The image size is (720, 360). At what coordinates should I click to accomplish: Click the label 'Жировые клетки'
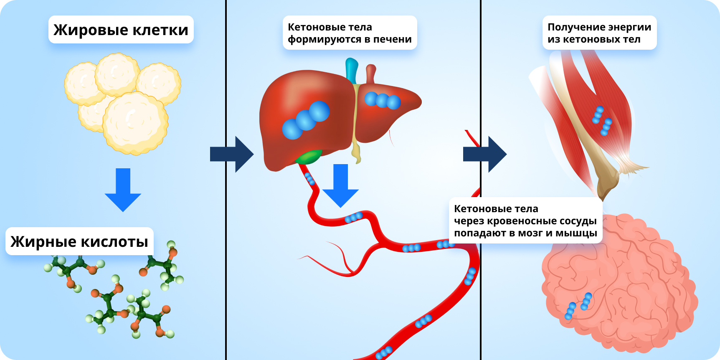(121, 30)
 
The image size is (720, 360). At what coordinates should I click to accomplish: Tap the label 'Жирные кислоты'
(79, 241)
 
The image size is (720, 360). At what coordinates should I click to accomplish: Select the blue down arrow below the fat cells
(123, 190)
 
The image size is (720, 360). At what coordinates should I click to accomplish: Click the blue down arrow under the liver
(340, 185)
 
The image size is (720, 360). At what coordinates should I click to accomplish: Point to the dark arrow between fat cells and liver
(232, 154)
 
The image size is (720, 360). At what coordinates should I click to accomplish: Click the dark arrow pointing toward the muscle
(485, 154)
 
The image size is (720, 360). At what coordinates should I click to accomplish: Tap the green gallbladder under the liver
(309, 157)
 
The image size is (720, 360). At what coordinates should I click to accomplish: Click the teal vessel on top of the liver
(352, 70)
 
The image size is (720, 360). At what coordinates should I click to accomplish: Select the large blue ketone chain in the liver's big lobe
(306, 120)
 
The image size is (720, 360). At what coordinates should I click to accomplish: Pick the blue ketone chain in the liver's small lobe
(383, 100)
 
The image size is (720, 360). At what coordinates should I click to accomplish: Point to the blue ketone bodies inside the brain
(578, 306)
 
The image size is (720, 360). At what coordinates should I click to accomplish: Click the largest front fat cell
(135, 123)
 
